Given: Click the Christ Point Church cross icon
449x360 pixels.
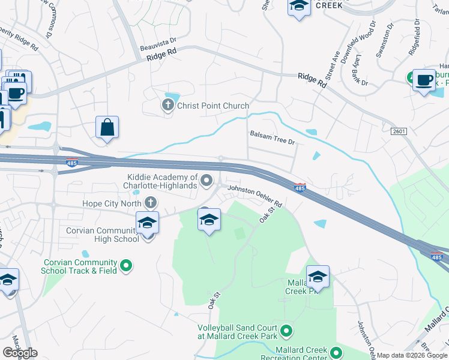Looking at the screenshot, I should [167, 106].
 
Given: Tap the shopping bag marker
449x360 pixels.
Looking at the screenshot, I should [107, 128].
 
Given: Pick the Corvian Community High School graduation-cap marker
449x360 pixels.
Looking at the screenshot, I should [147, 223].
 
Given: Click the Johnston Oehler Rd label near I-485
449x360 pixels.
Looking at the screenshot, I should [254, 198].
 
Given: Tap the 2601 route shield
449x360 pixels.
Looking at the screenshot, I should [399, 131].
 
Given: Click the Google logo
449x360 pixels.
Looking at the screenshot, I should [20, 353].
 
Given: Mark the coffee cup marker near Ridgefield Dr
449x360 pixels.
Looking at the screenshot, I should [424, 80].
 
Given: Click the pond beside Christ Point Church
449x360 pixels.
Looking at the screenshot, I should [172, 97].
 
